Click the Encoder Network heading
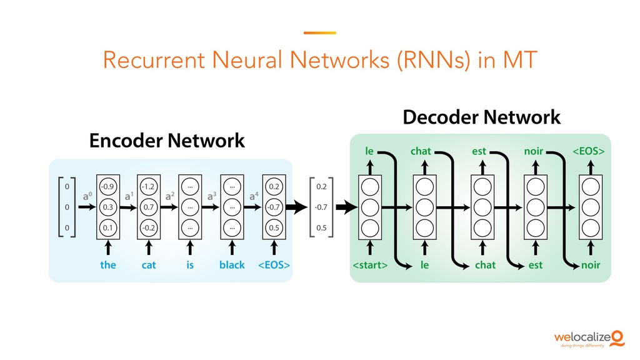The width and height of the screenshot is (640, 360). pos(167,141)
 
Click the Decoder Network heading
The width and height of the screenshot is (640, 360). pos(481,116)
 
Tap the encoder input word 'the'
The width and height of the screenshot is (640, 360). pos(108,265)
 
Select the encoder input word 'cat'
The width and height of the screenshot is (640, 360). pos(149,265)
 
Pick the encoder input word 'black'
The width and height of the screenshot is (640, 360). pos(232,265)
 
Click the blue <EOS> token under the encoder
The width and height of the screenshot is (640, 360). pos(274,265)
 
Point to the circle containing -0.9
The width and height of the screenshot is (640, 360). pos(108,186)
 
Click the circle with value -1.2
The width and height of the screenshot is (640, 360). pos(149,186)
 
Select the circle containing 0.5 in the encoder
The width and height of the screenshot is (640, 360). pos(274,228)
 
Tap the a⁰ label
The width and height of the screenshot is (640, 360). pos(88,196)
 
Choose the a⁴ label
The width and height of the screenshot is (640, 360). pos(254,196)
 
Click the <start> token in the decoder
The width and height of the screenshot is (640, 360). pos(370,265)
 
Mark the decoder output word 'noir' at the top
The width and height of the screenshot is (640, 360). pos(534,151)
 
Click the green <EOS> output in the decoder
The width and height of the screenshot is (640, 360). pos(589,151)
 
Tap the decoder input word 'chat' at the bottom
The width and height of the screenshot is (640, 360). pos(485,265)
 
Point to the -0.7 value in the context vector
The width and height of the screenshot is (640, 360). pos(321,207)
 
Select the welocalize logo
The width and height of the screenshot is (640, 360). pos(588,338)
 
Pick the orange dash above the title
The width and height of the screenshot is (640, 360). pos(319,33)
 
